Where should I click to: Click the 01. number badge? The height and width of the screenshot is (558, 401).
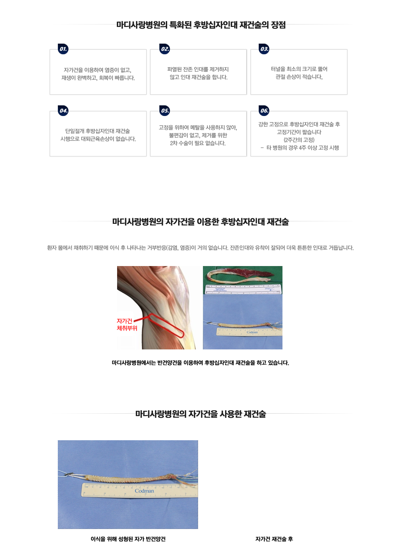pos(63,49)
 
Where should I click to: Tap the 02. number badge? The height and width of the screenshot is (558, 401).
pos(165,49)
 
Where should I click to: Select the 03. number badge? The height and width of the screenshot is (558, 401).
pos(264,49)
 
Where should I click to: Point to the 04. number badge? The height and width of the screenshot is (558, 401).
pos(63,111)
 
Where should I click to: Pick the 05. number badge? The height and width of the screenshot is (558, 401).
pos(165,111)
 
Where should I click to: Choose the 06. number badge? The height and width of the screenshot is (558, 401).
pos(264,111)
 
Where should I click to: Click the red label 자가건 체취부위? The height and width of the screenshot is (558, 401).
pos(127,325)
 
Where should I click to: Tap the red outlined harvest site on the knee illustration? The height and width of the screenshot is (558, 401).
pos(166,325)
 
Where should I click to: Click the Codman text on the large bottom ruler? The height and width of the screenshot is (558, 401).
pos(144,491)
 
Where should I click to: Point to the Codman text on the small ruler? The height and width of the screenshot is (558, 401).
pos(252,332)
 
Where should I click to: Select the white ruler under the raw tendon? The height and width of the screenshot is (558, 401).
pos(243,289)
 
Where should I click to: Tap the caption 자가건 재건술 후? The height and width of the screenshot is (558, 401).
pos(274,539)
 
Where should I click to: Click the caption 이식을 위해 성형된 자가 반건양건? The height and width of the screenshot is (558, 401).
pos(128,539)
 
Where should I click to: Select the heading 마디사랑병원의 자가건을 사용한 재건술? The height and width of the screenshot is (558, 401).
pos(200,414)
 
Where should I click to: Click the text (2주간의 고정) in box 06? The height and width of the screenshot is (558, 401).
pos(299,140)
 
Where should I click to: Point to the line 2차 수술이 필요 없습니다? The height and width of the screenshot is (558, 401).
pos(198,143)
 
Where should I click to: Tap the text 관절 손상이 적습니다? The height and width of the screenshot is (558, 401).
pos(299,77)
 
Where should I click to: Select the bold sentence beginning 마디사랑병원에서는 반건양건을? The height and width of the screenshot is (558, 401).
pos(200,363)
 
